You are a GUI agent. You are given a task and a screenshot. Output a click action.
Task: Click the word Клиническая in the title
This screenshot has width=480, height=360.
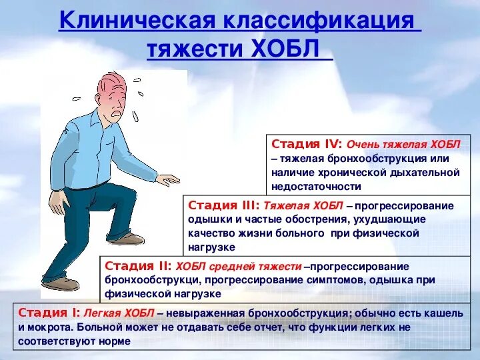[136, 21]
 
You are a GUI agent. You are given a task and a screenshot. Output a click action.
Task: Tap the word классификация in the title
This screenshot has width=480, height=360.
[319, 21]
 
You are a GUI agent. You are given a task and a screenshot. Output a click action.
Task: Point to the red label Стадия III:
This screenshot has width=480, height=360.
[225, 205]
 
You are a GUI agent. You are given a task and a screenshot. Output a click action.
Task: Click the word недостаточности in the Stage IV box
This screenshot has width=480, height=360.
[316, 187]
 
